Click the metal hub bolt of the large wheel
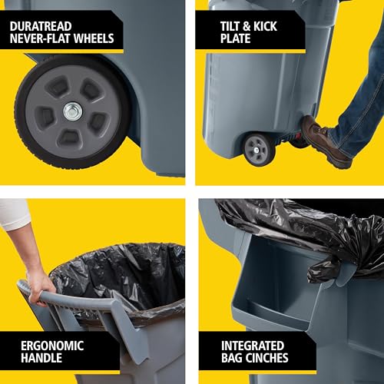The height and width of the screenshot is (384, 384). click(x=72, y=112)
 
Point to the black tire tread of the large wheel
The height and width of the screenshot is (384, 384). click(x=27, y=142)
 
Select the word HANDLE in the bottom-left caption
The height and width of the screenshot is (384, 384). click(x=34, y=359)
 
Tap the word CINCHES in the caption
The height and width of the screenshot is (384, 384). click(x=265, y=359)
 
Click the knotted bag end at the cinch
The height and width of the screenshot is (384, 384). click(x=323, y=269)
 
